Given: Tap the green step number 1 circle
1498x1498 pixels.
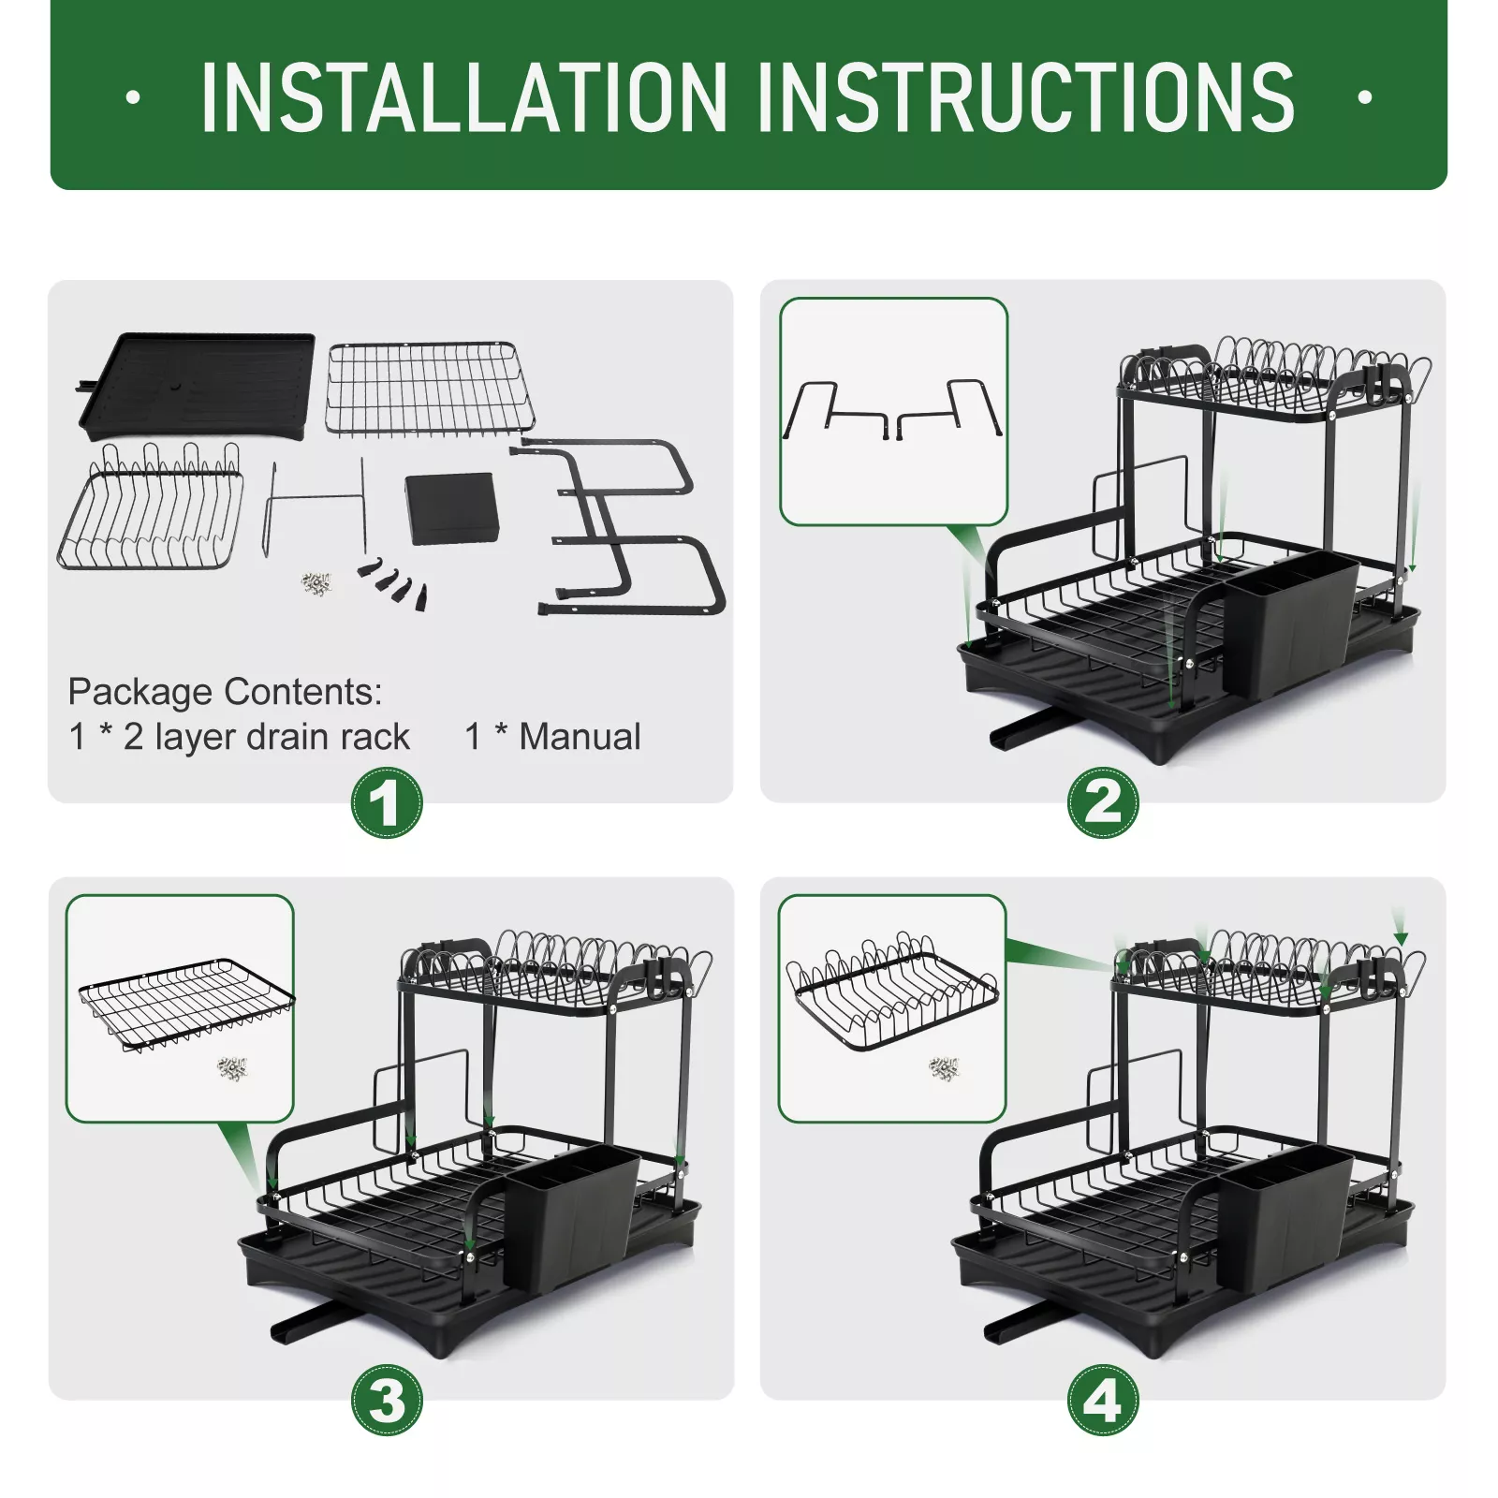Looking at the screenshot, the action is click(387, 803).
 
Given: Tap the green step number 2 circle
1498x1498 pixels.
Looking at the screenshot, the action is click(1103, 803).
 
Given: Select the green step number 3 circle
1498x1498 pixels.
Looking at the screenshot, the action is click(387, 1401).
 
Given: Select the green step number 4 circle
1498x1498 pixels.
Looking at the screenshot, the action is click(1103, 1401).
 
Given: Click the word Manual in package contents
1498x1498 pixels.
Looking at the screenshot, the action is click(580, 737).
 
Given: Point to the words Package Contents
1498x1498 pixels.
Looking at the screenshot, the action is click(225, 692).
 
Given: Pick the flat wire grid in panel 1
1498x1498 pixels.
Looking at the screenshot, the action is click(431, 389).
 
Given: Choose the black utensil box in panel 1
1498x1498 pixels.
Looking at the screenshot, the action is click(452, 508).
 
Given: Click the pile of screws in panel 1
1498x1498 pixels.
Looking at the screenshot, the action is click(316, 584).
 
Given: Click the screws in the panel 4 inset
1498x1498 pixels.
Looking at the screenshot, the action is click(944, 1067).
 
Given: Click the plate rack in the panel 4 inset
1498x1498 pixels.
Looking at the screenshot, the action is click(892, 991).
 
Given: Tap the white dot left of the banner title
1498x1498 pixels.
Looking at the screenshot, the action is click(132, 96).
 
